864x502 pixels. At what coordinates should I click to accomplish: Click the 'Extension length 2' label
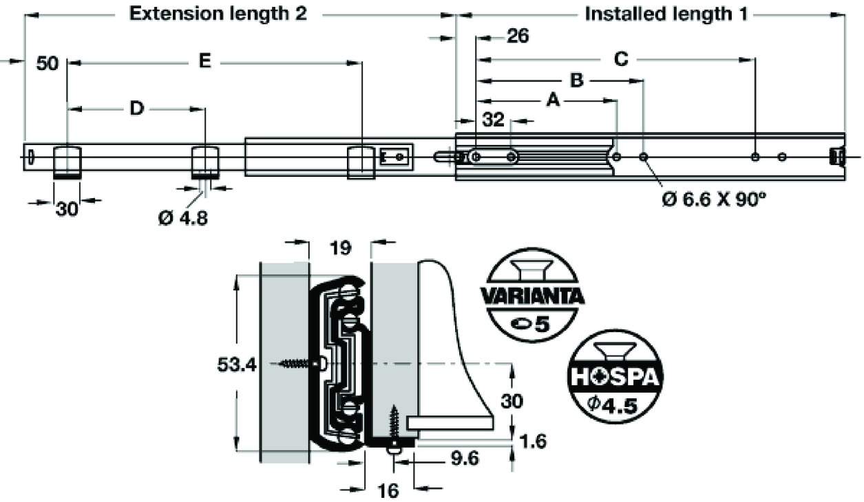[218, 14]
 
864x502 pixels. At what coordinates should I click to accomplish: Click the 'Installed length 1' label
[666, 14]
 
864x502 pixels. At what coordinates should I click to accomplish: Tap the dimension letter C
[620, 60]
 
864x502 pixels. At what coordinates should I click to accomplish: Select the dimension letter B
[577, 81]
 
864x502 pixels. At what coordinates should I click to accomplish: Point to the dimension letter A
[551, 101]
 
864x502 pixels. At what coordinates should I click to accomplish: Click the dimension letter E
[204, 62]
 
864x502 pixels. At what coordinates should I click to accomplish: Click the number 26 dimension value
[517, 36]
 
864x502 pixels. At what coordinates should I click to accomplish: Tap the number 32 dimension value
[494, 121]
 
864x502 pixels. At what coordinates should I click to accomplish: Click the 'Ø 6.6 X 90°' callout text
[714, 199]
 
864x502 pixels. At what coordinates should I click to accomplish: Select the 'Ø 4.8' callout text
[182, 218]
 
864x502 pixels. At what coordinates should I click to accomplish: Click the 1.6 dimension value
[532, 441]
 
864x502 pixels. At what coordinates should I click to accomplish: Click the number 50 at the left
[47, 64]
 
